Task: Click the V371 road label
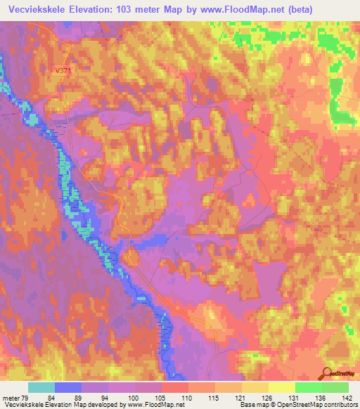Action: (64, 70)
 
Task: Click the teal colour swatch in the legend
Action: (41, 387)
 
